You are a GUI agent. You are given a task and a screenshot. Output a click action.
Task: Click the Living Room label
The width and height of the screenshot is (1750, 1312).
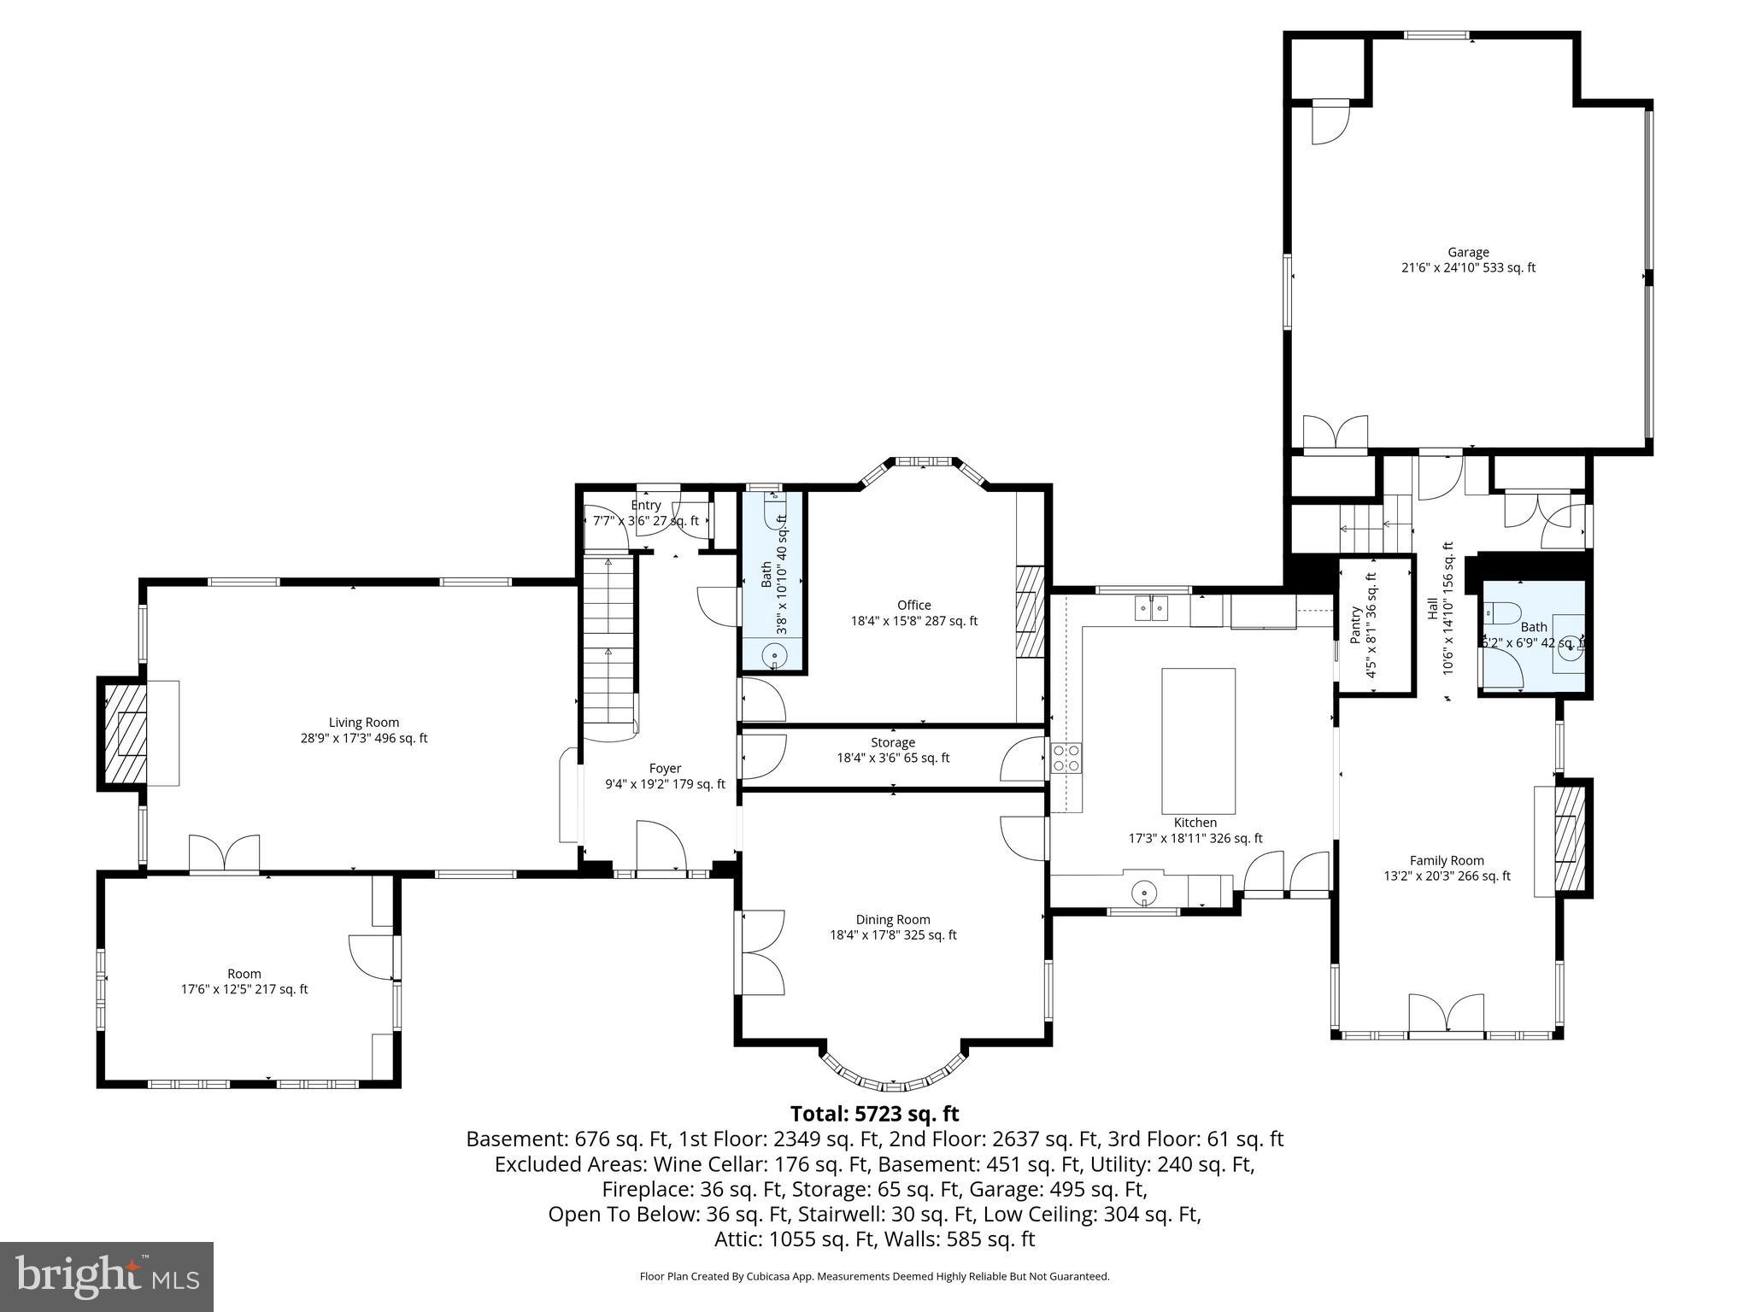click(364, 730)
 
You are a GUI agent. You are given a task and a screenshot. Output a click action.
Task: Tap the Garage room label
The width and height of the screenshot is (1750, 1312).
click(1468, 260)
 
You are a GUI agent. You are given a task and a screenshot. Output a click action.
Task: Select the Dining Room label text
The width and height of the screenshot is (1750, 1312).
click(893, 927)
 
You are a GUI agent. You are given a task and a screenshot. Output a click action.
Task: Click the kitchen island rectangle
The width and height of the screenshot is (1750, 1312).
click(1198, 741)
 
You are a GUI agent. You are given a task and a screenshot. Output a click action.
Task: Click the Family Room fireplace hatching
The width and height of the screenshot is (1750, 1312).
click(1569, 840)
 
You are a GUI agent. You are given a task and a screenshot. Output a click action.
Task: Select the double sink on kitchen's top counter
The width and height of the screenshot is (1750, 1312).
click(1152, 608)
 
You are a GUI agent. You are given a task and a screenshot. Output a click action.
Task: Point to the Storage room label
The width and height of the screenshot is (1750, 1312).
click(893, 750)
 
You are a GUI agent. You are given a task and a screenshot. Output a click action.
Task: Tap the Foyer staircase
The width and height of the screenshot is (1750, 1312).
click(609, 641)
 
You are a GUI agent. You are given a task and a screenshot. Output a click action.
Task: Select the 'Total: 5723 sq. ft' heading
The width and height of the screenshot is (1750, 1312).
click(874, 1114)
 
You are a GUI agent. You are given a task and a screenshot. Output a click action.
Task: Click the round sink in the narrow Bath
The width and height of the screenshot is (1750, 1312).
click(774, 656)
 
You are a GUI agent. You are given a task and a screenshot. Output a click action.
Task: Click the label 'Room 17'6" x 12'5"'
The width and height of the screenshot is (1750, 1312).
click(244, 981)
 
